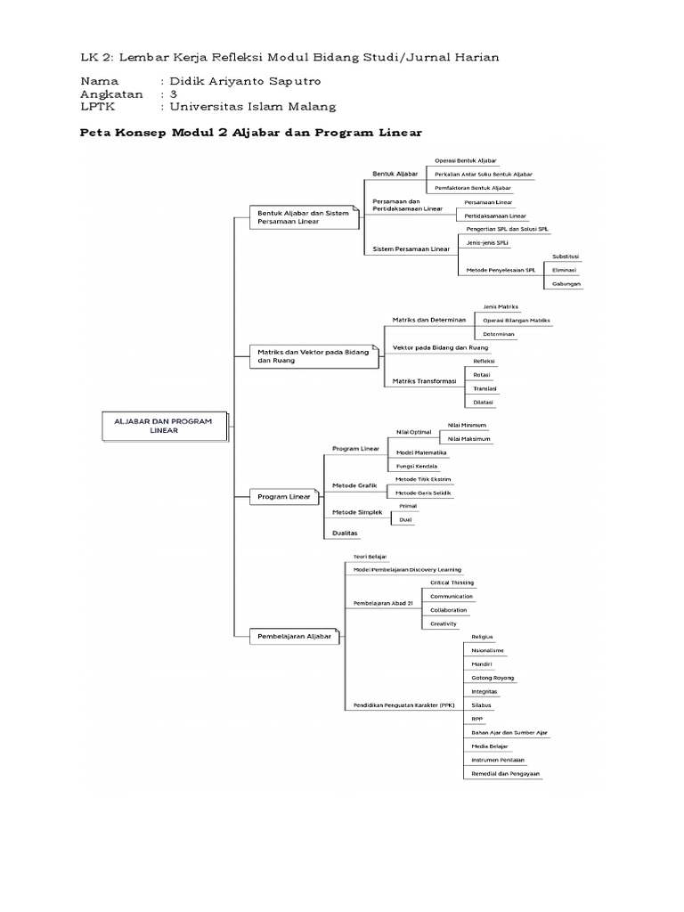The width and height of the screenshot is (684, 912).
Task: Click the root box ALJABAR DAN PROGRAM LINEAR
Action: [x=162, y=426]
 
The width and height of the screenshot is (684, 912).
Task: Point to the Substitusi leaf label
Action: [x=566, y=256]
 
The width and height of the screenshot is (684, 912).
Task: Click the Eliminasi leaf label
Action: [x=565, y=270]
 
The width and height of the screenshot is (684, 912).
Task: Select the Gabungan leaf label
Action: [x=566, y=283]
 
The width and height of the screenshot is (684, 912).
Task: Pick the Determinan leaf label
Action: [x=499, y=334]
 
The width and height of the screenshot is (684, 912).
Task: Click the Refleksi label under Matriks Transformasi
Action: [x=484, y=362]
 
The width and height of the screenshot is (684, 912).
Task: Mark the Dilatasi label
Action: [x=484, y=403]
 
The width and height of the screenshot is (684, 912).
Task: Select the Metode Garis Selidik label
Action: [x=423, y=493]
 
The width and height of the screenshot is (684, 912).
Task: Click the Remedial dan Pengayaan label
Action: [x=506, y=774]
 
